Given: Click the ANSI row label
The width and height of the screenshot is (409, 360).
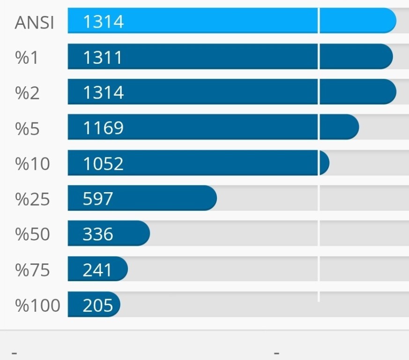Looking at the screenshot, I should pyautogui.click(x=34, y=22).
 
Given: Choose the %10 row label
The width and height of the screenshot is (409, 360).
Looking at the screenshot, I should pyautogui.click(x=32, y=164).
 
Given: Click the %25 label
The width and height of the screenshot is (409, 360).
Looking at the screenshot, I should pyautogui.click(x=32, y=199).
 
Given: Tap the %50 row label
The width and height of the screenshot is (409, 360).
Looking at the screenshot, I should pyautogui.click(x=32, y=234).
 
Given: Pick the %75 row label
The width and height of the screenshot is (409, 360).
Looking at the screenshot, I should pyautogui.click(x=32, y=270).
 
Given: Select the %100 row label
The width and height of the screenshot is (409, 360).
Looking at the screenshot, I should pyautogui.click(x=37, y=306).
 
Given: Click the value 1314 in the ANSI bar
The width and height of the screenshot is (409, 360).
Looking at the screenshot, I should pyautogui.click(x=103, y=22).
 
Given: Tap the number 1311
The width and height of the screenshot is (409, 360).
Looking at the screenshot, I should pyautogui.click(x=103, y=57).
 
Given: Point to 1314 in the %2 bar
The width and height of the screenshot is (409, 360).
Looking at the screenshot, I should pyautogui.click(x=103, y=92).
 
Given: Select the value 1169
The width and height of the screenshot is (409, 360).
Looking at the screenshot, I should pyautogui.click(x=103, y=128).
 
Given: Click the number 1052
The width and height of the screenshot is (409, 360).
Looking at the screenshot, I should pyautogui.click(x=103, y=164).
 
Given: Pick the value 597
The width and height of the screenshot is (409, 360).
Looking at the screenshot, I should pyautogui.click(x=97, y=199).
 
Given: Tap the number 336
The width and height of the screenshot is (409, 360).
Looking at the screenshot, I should pyautogui.click(x=97, y=234).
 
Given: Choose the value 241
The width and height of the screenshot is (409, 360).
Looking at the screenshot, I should pyautogui.click(x=97, y=270).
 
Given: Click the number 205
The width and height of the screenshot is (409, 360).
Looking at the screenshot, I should pyautogui.click(x=97, y=305).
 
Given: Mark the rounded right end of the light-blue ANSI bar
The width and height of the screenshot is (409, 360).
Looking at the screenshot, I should pyautogui.click(x=391, y=21).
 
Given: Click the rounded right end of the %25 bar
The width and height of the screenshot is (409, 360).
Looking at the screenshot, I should pyautogui.click(x=211, y=198).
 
